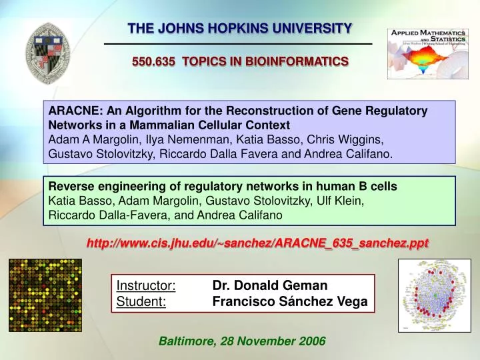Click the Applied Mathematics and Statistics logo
[428, 53]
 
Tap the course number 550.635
[153, 61]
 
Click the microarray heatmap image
[45, 295]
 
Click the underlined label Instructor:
[146, 286]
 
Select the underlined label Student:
[142, 302]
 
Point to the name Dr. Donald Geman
[270, 286]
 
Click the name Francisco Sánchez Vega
[290, 302]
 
